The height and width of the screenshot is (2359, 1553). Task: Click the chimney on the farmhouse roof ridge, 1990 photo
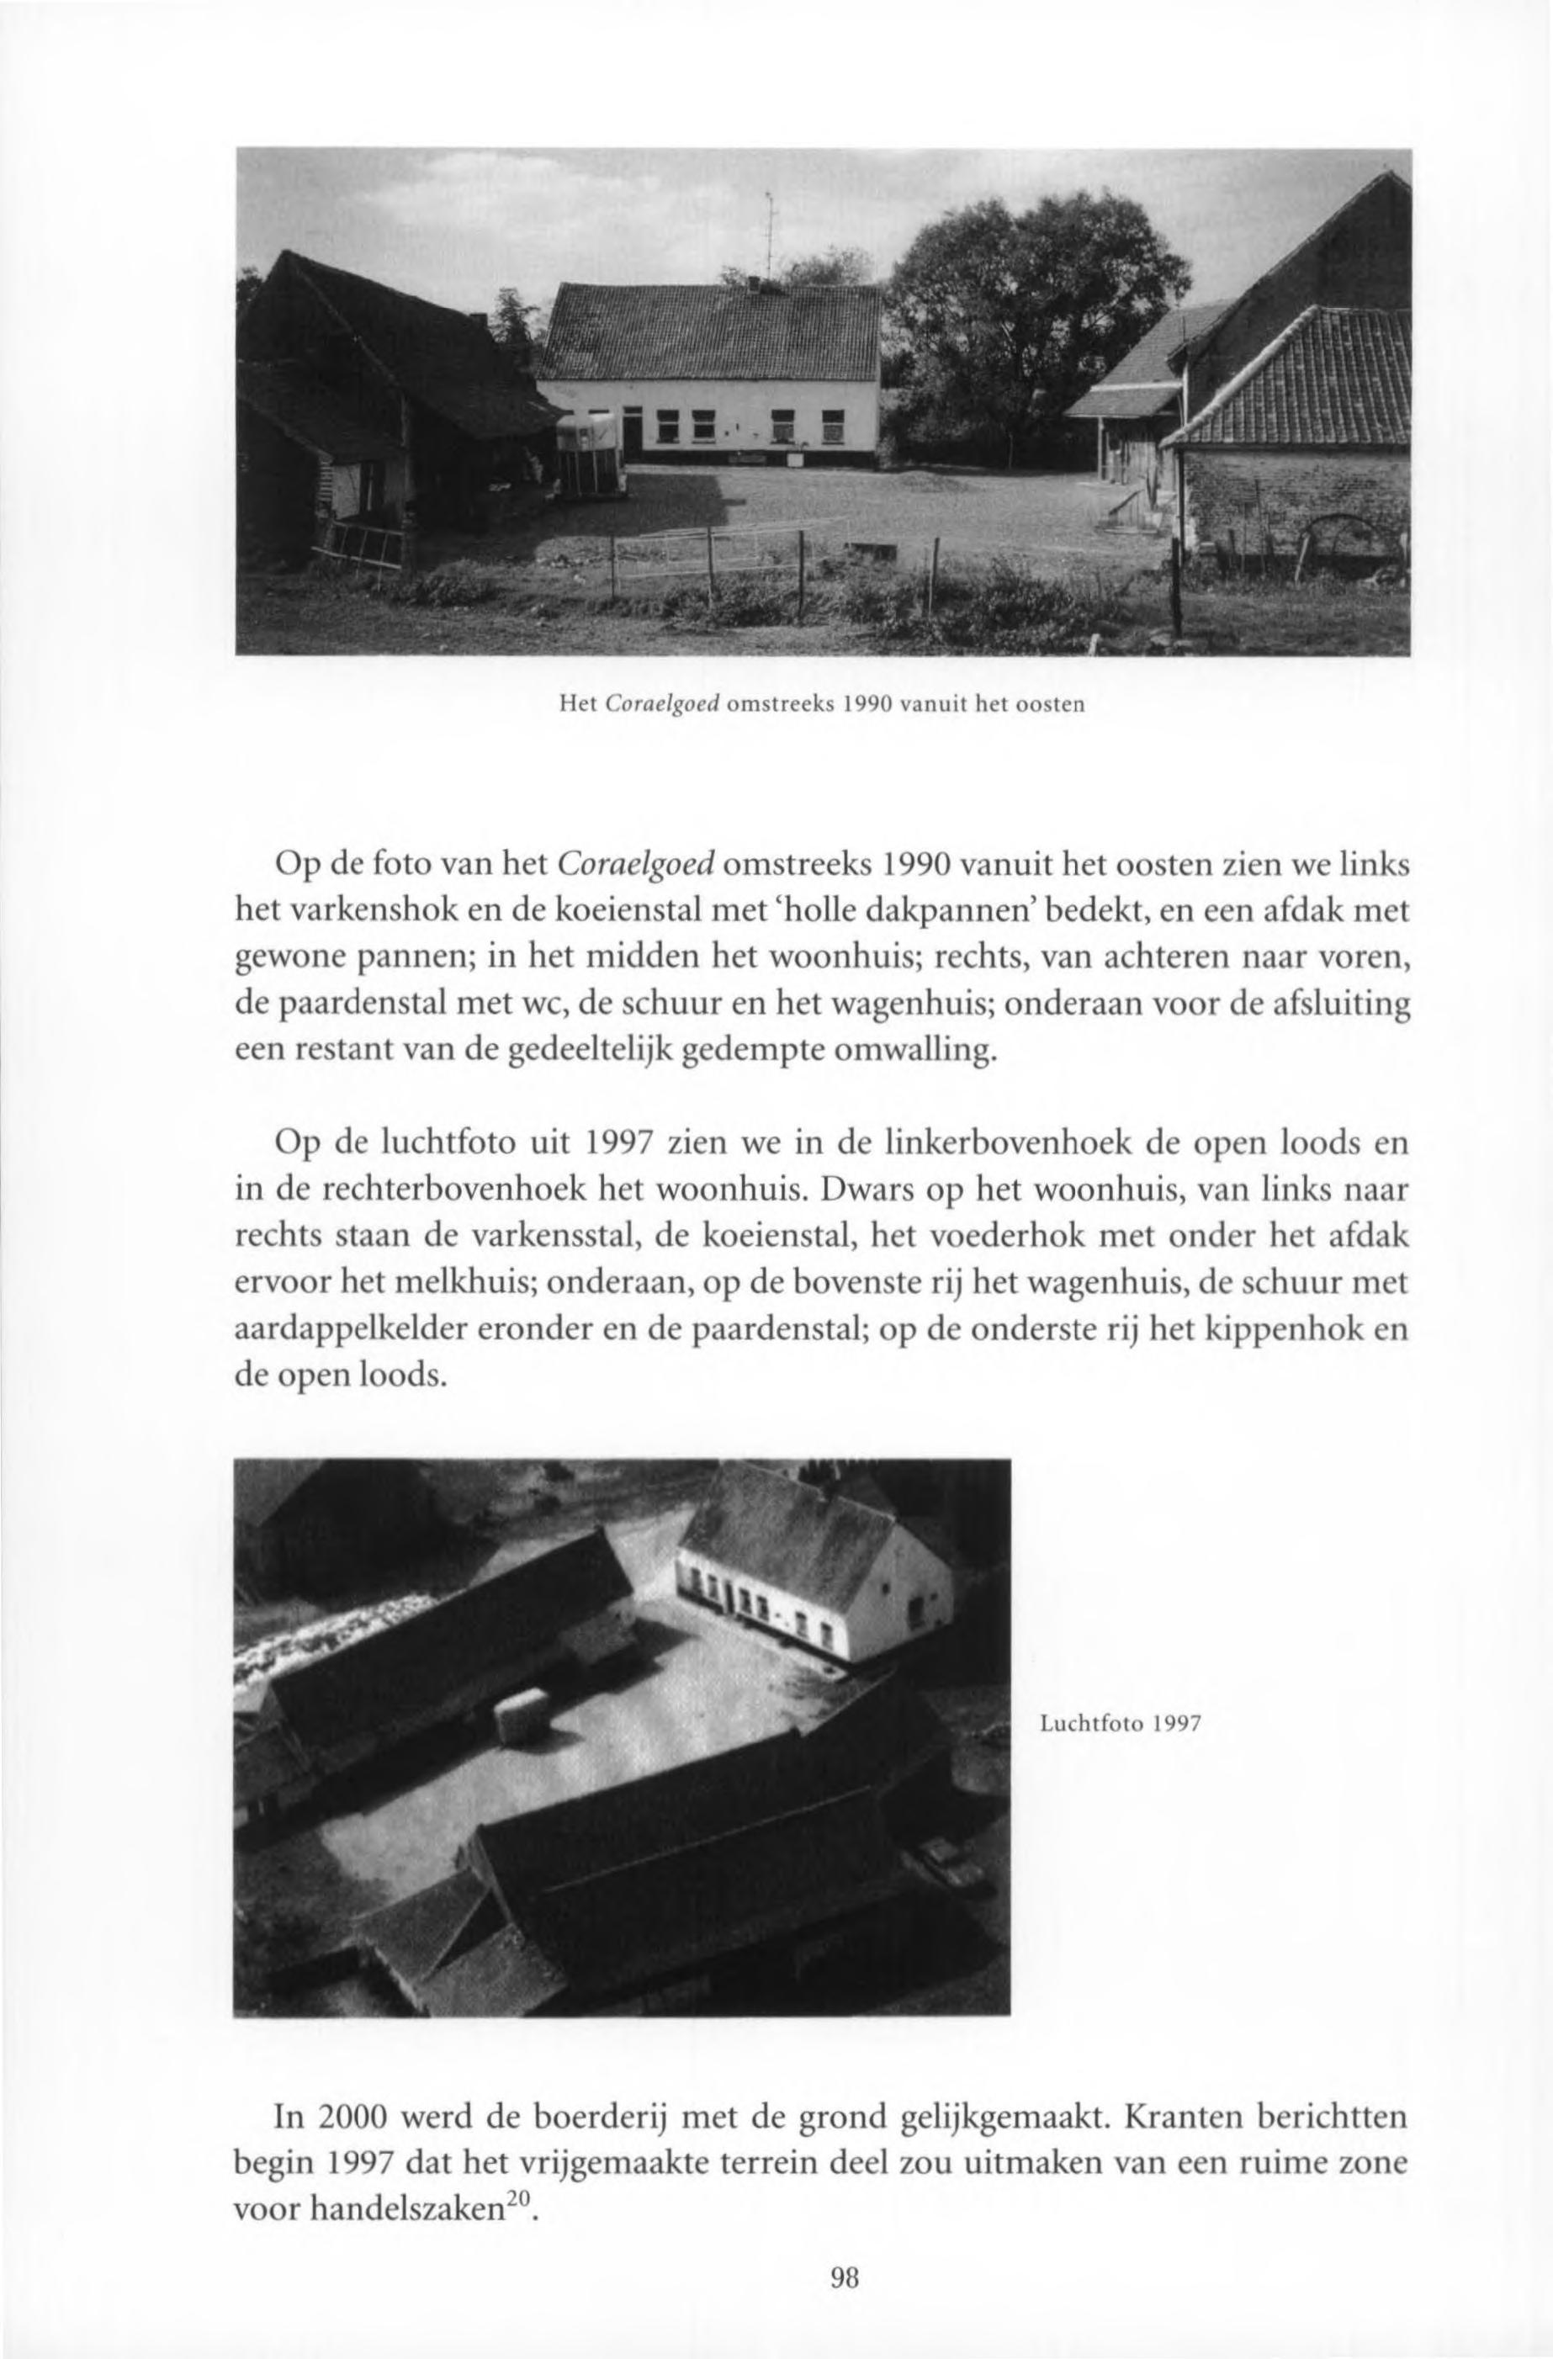click(x=752, y=284)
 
